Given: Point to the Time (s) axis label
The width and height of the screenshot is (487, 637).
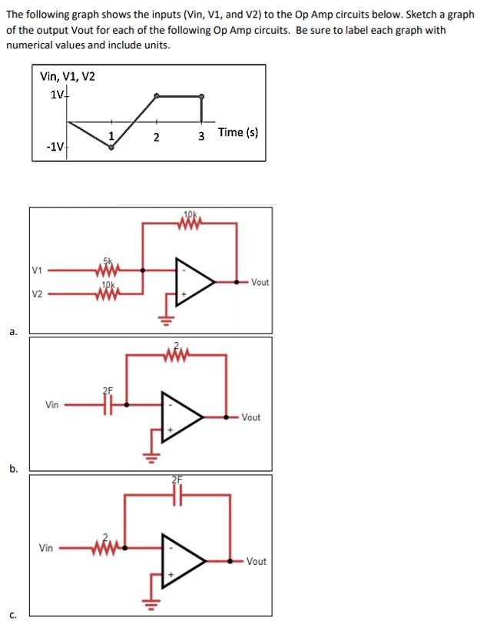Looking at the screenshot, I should click(237, 132).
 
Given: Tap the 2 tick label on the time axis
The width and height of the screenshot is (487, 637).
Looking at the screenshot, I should click(156, 138).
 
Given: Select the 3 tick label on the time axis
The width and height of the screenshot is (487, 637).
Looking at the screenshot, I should click(201, 138).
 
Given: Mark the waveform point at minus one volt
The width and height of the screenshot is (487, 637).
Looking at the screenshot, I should click(111, 148).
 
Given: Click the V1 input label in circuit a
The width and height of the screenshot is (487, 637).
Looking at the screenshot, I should click(37, 270).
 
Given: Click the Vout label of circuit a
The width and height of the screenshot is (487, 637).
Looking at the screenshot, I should click(260, 282).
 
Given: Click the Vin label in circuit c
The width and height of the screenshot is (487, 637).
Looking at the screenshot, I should click(48, 548).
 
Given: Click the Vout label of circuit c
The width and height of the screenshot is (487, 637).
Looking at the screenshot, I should click(257, 562).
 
